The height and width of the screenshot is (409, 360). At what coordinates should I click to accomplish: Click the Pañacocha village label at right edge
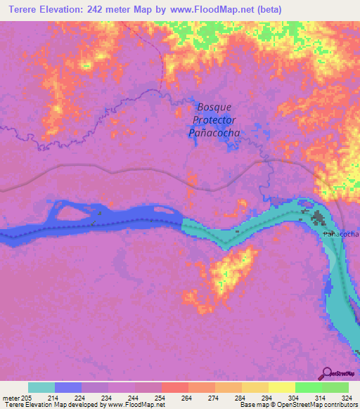(342, 233)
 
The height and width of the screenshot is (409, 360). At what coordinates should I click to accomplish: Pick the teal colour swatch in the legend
(41, 387)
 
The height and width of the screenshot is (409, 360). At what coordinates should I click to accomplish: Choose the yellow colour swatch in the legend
(281, 387)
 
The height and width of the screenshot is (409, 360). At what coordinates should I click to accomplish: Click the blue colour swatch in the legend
(67, 387)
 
